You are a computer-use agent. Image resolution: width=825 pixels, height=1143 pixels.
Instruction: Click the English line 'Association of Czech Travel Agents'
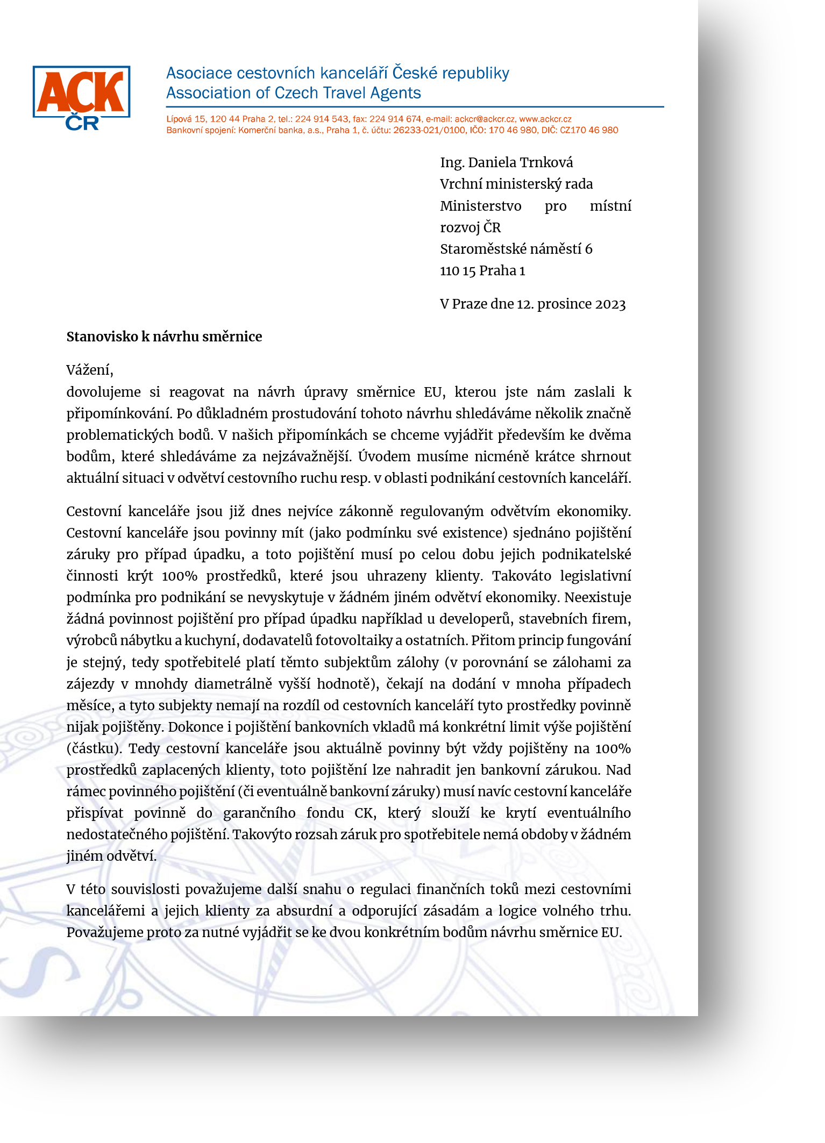point(293,93)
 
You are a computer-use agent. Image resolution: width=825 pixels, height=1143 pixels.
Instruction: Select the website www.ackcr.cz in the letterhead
point(545,119)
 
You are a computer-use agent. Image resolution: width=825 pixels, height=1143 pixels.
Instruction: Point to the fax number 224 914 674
point(395,119)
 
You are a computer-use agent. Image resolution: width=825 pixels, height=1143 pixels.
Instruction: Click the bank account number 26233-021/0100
point(429,130)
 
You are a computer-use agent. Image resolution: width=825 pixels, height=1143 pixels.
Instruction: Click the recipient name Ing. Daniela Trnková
point(506,162)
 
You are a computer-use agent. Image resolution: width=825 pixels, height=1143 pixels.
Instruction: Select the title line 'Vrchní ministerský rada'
point(516,184)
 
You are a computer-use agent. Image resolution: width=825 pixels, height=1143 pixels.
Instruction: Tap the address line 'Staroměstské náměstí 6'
point(516,249)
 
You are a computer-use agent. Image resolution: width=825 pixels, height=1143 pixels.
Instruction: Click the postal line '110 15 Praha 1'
point(482,270)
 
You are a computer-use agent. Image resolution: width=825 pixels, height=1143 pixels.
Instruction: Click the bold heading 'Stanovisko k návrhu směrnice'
point(164,337)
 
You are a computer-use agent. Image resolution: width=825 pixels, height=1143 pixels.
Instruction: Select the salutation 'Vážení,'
point(90,370)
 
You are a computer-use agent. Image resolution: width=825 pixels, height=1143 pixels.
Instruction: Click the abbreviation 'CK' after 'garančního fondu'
point(364,813)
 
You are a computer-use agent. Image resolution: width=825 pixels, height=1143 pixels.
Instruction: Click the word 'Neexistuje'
point(598,597)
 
